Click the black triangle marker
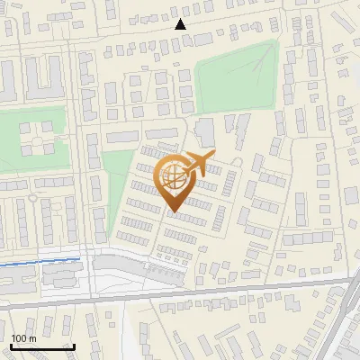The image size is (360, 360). click(x=181, y=25)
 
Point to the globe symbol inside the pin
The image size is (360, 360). click(x=173, y=177)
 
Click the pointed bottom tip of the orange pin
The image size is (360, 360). click(x=173, y=212)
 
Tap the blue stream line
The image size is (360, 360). click(x=40, y=262)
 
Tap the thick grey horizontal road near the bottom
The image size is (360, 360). click(x=180, y=297)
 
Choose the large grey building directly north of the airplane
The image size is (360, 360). click(x=205, y=132)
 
